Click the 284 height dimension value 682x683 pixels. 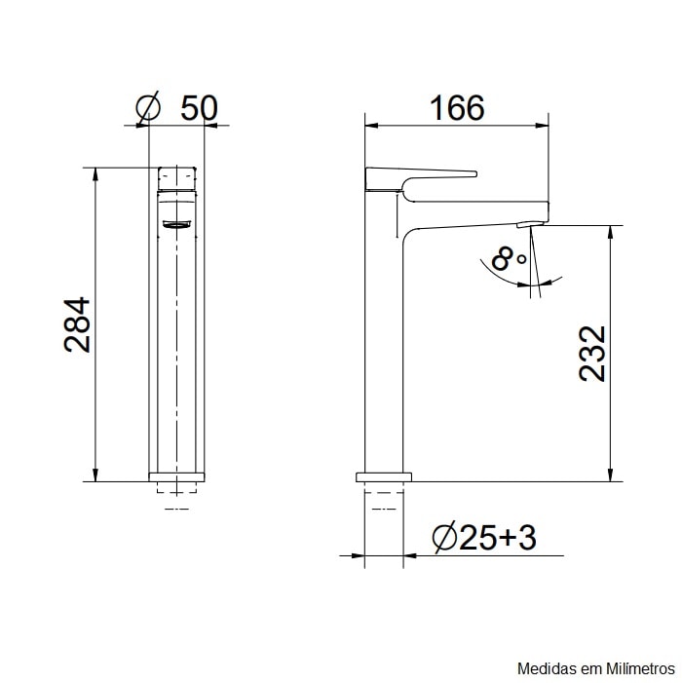point(77,324)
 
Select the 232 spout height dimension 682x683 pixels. point(591,353)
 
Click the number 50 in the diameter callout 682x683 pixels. point(199,107)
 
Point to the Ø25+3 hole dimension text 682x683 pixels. point(483,537)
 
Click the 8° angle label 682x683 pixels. point(508,259)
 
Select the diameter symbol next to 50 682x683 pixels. point(148,107)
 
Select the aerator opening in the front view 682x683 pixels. point(177,225)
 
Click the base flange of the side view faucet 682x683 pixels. point(384,477)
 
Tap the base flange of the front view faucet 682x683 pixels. point(177,477)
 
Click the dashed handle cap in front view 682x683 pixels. point(177,177)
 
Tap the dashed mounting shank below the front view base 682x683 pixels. point(177,495)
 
